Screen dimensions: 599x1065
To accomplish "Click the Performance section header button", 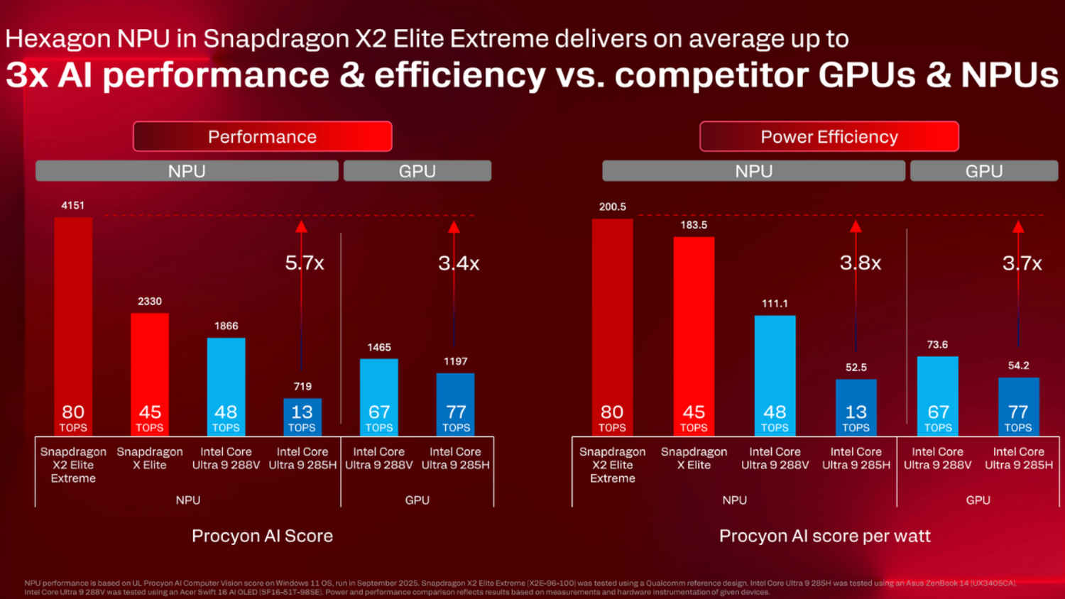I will click(x=262, y=136).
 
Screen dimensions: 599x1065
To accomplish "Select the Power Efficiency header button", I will click(x=829, y=136).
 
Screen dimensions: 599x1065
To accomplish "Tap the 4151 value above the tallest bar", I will click(x=72, y=205).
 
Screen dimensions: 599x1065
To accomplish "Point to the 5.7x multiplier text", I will click(x=305, y=263).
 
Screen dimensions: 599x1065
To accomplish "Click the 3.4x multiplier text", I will click(x=459, y=263).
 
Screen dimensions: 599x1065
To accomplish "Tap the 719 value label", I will click(x=302, y=386).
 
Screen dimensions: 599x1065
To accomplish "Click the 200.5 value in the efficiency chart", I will click(x=612, y=207).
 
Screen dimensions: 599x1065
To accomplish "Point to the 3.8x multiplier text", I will click(x=861, y=263).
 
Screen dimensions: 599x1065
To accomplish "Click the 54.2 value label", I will click(x=1018, y=366).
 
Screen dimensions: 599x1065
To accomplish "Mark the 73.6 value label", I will click(x=937, y=344).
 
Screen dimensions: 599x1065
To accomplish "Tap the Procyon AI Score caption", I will click(x=262, y=536).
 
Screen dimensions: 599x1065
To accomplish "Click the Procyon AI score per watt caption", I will click(x=824, y=536).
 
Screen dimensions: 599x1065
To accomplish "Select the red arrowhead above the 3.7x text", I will click(x=1018, y=227).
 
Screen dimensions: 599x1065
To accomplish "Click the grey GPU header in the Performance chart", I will click(x=417, y=171).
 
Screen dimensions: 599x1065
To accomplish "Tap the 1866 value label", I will click(x=226, y=326).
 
